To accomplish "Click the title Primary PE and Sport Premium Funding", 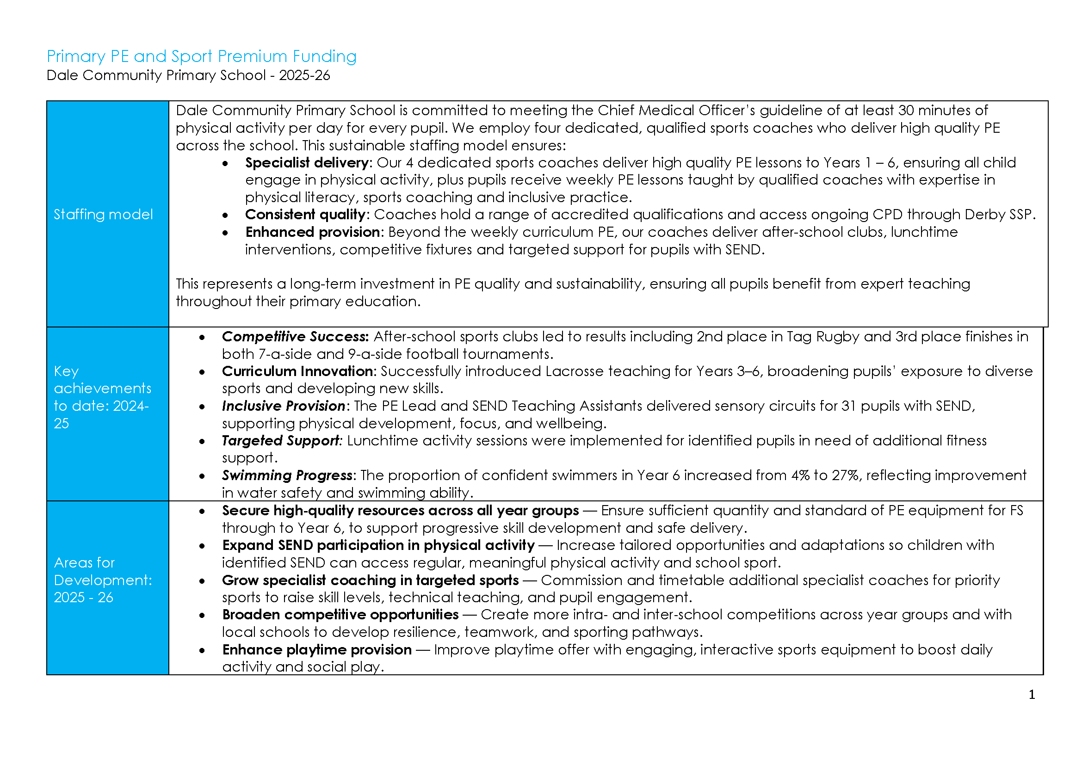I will (201, 56).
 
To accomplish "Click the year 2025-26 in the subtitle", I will (304, 75).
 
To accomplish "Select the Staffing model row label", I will (103, 215).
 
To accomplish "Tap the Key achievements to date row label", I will (102, 397).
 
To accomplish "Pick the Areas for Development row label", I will (103, 580).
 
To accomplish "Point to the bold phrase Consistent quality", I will (305, 215).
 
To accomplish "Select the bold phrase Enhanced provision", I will (312, 232).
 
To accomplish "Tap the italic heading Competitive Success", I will (295, 337).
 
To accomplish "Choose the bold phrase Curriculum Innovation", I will (297, 372).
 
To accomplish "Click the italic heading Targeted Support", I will (281, 441).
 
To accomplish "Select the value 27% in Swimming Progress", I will (845, 475).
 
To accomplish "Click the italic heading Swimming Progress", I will (287, 475).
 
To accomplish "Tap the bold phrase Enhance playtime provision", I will (317, 650).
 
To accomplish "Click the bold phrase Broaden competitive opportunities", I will (340, 615).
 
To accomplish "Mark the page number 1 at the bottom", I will (1032, 695).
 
